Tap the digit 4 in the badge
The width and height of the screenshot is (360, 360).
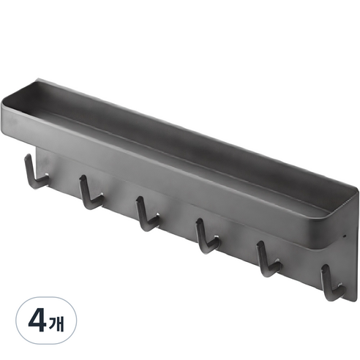(37, 320)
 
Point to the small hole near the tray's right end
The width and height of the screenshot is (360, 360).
(345, 236)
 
